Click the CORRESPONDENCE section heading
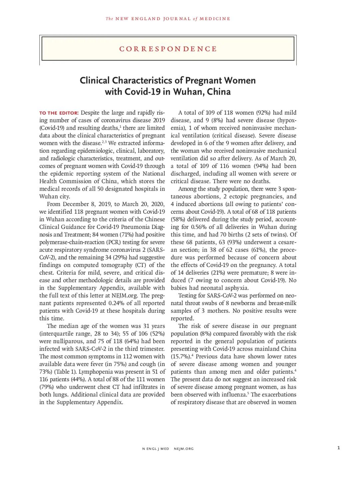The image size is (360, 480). click(x=168, y=49)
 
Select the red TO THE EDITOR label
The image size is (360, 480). click(x=59, y=113)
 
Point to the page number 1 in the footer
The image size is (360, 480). click(x=338, y=448)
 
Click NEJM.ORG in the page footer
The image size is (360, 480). click(x=184, y=449)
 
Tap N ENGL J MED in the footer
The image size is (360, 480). click(x=156, y=449)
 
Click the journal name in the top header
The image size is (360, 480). click(x=168, y=19)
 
